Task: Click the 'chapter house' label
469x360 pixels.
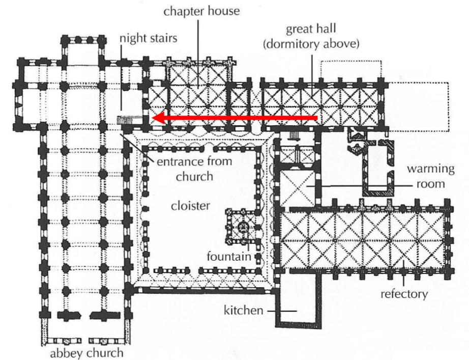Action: tap(201, 11)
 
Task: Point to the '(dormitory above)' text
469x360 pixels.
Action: tap(311, 44)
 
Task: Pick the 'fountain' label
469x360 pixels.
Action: tap(228, 256)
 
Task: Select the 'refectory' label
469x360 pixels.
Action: tap(404, 294)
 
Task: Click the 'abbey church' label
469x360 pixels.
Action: tap(86, 353)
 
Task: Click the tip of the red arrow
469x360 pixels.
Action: tap(154, 118)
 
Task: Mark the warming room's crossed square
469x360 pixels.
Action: tap(297, 187)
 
